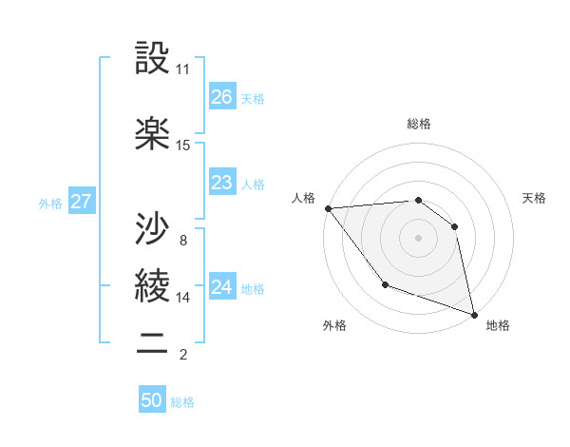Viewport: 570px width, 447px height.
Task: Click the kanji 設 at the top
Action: point(152,61)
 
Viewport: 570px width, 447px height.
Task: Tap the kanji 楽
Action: point(152,135)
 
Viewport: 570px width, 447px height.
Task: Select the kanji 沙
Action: point(152,227)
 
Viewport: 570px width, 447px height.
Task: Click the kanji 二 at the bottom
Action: point(152,343)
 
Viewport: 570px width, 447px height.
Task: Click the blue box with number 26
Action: point(221,97)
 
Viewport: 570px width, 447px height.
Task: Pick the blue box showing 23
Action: point(221,183)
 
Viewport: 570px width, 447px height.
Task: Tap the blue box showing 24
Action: point(221,287)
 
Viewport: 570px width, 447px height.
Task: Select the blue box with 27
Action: point(81,202)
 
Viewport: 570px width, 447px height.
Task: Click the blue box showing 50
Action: point(152,400)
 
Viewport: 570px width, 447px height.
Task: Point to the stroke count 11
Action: point(183,69)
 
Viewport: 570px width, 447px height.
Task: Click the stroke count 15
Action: point(183,146)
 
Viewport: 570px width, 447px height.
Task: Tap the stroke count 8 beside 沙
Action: point(182,240)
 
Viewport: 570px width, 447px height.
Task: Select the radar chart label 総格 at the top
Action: point(419,124)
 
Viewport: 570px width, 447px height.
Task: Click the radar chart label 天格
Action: point(535,198)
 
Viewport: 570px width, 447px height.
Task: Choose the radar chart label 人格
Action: point(303,198)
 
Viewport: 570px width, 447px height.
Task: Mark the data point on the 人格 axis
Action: point(328,208)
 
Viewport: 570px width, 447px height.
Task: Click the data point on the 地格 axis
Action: point(473,313)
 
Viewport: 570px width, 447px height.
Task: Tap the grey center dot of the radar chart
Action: point(418,237)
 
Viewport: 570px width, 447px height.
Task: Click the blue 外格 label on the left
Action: point(49,203)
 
